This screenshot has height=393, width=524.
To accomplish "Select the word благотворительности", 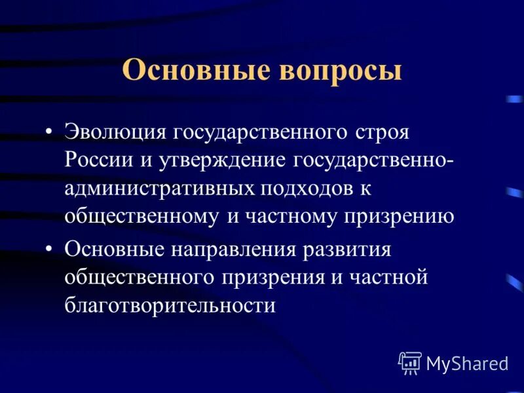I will pos(170,306).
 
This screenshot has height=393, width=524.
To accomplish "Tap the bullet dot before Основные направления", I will pos(50,250).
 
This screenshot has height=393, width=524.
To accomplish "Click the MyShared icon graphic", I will pos(410,362).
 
